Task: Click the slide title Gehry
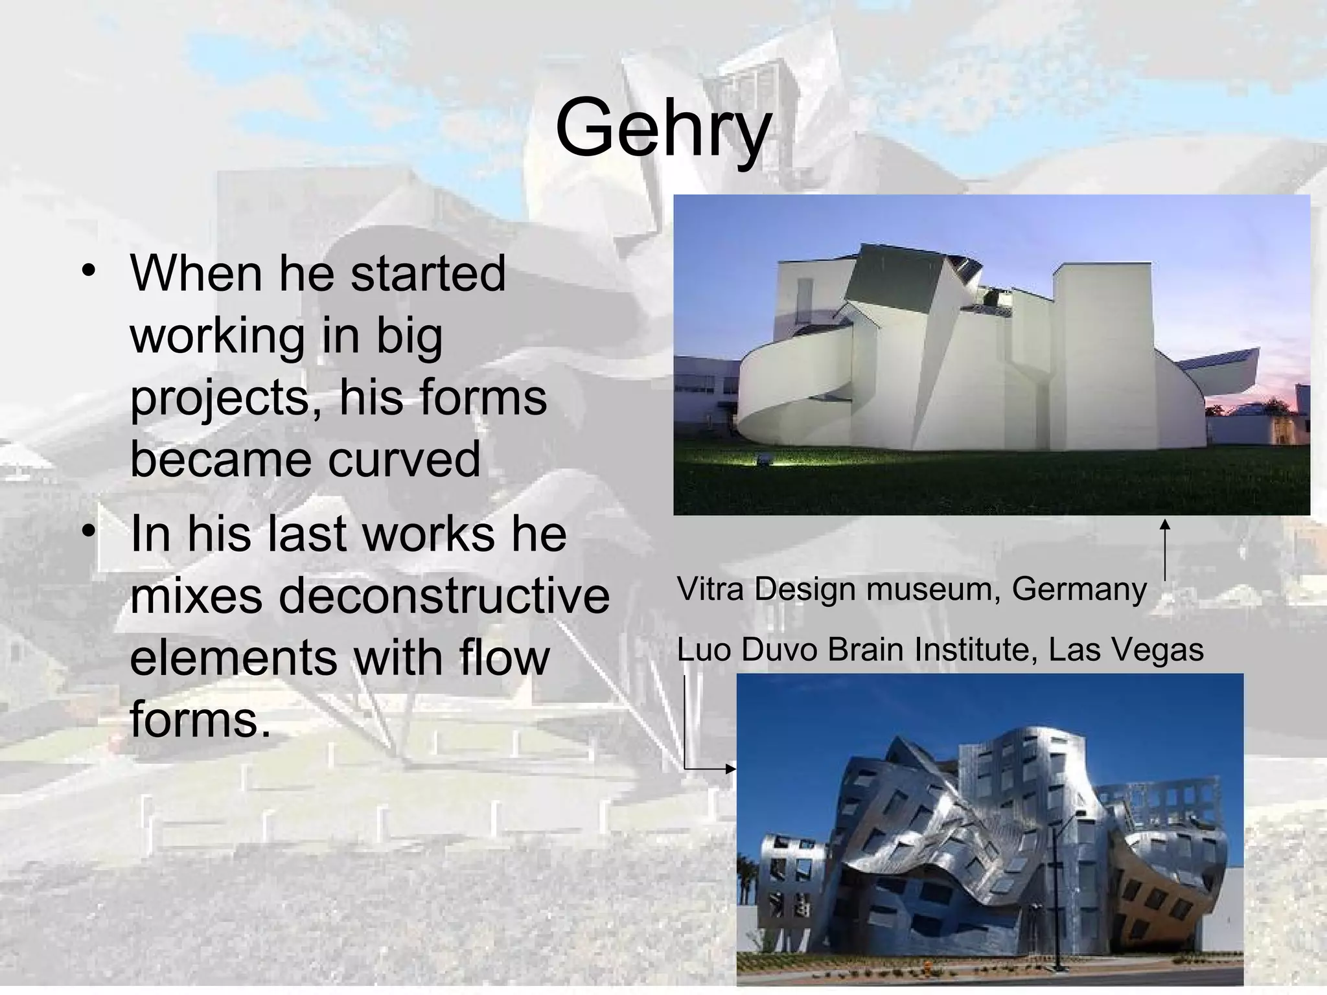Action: tap(663, 128)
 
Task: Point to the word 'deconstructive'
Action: tap(444, 595)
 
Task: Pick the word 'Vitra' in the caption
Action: tap(711, 589)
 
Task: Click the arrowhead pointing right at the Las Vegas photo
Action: tap(731, 769)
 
